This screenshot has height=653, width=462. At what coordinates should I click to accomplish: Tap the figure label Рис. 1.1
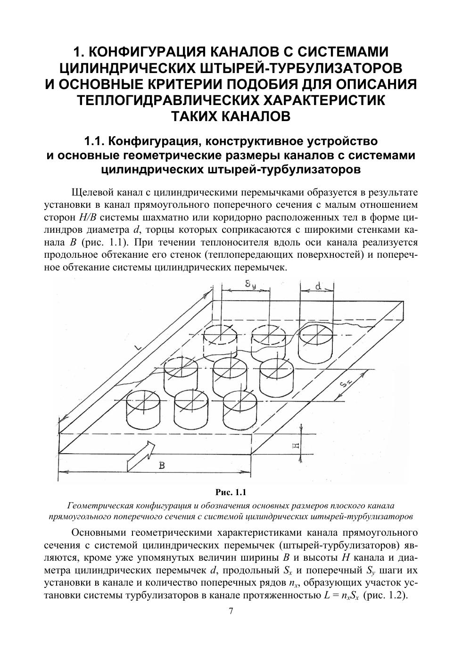231,493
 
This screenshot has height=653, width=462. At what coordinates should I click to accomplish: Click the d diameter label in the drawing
318,286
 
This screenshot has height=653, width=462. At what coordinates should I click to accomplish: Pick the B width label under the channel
162,465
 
